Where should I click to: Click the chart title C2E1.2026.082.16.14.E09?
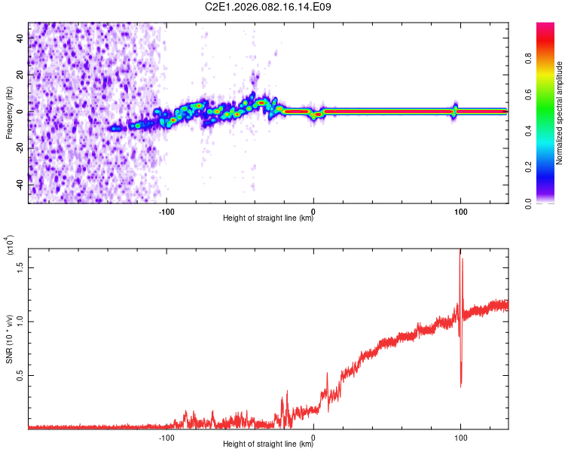[269, 7]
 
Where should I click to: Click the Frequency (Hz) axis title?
[9, 113]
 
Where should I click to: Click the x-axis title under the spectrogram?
[268, 218]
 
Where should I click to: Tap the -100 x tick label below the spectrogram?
[166, 210]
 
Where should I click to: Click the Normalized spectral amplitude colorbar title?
[560, 113]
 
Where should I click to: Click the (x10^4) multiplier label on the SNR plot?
[11, 246]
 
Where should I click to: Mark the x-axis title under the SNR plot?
[268, 444]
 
